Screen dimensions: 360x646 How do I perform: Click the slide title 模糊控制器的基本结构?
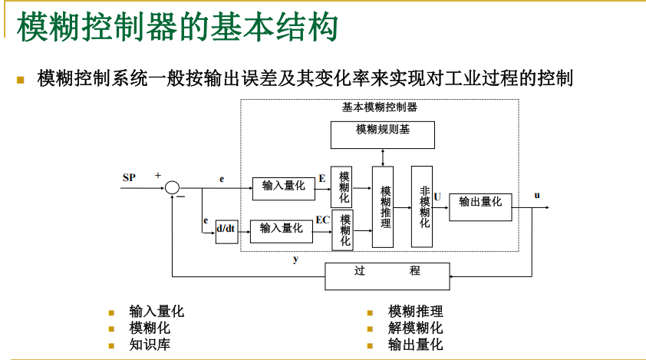pyautogui.click(x=177, y=28)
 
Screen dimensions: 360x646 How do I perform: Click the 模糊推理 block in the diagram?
pyautogui.click(x=383, y=206)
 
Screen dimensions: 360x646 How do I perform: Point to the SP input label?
pyautogui.click(x=130, y=178)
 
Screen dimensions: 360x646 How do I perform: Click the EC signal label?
pyautogui.click(x=323, y=220)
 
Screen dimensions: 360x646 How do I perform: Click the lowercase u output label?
pyautogui.click(x=537, y=195)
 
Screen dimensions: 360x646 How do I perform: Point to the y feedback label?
pyautogui.click(x=296, y=259)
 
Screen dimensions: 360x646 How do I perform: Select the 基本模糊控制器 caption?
pyautogui.click(x=380, y=107)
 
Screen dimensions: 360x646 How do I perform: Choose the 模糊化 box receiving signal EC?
pyautogui.click(x=343, y=230)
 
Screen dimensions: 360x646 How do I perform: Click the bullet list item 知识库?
pyautogui.click(x=150, y=345)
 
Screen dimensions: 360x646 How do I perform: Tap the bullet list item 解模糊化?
pyautogui.click(x=415, y=328)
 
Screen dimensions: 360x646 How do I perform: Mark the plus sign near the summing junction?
pyautogui.click(x=158, y=176)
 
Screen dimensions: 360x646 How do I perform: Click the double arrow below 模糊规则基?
pyautogui.click(x=383, y=157)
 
